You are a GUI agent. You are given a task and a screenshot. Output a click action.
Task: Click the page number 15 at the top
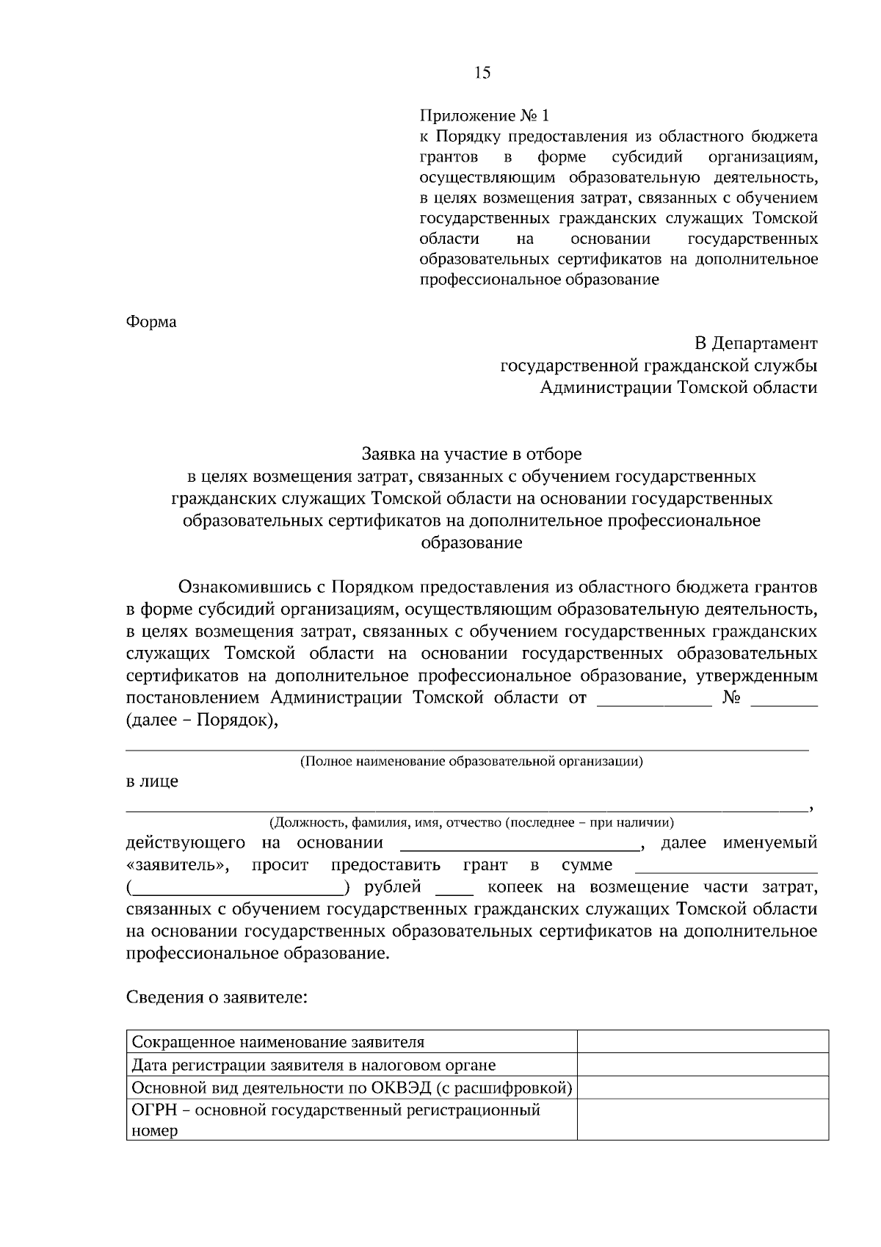[482, 72]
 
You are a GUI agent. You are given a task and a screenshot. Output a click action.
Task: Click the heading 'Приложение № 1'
[484, 116]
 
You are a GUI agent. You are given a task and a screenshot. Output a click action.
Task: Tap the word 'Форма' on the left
[151, 322]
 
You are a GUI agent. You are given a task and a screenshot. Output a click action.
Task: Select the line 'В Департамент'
[756, 343]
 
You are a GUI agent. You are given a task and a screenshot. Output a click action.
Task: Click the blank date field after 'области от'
[655, 699]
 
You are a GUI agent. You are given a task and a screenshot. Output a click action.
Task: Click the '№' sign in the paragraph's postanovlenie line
[731, 698]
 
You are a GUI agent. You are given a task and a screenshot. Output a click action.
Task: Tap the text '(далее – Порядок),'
[203, 720]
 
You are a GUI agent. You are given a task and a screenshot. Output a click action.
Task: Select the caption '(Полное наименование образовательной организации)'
[471, 762]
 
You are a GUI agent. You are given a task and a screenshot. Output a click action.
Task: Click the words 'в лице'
[152, 781]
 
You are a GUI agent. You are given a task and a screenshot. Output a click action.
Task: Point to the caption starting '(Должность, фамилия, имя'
[471, 823]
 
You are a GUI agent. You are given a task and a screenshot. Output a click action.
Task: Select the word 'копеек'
[515, 887]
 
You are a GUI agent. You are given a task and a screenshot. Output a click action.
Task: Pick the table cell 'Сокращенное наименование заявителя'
[278, 1042]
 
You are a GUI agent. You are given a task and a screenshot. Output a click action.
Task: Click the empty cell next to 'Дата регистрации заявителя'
[703, 1065]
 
